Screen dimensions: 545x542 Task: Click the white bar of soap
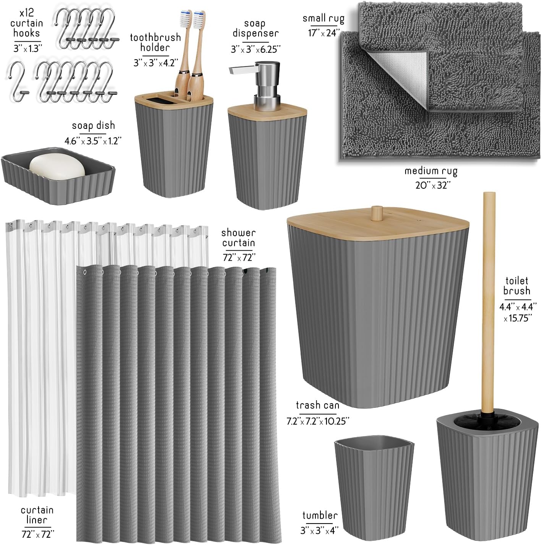coord(57,167)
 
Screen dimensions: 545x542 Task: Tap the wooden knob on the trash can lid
coord(377,211)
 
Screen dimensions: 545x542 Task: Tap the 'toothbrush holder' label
coord(155,42)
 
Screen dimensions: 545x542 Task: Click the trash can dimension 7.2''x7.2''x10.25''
coord(318,421)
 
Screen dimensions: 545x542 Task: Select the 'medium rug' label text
coord(431,171)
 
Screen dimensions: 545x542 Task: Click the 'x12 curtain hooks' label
coord(27,23)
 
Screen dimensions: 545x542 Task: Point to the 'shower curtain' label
coord(238,238)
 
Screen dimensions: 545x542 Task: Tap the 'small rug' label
coord(323,18)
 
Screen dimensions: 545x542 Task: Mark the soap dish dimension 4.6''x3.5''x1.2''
coord(93,141)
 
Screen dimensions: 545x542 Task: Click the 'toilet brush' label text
coord(516,285)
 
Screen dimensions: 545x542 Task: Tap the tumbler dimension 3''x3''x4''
coord(319,530)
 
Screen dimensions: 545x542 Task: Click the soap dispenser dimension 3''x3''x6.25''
coord(255,49)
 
